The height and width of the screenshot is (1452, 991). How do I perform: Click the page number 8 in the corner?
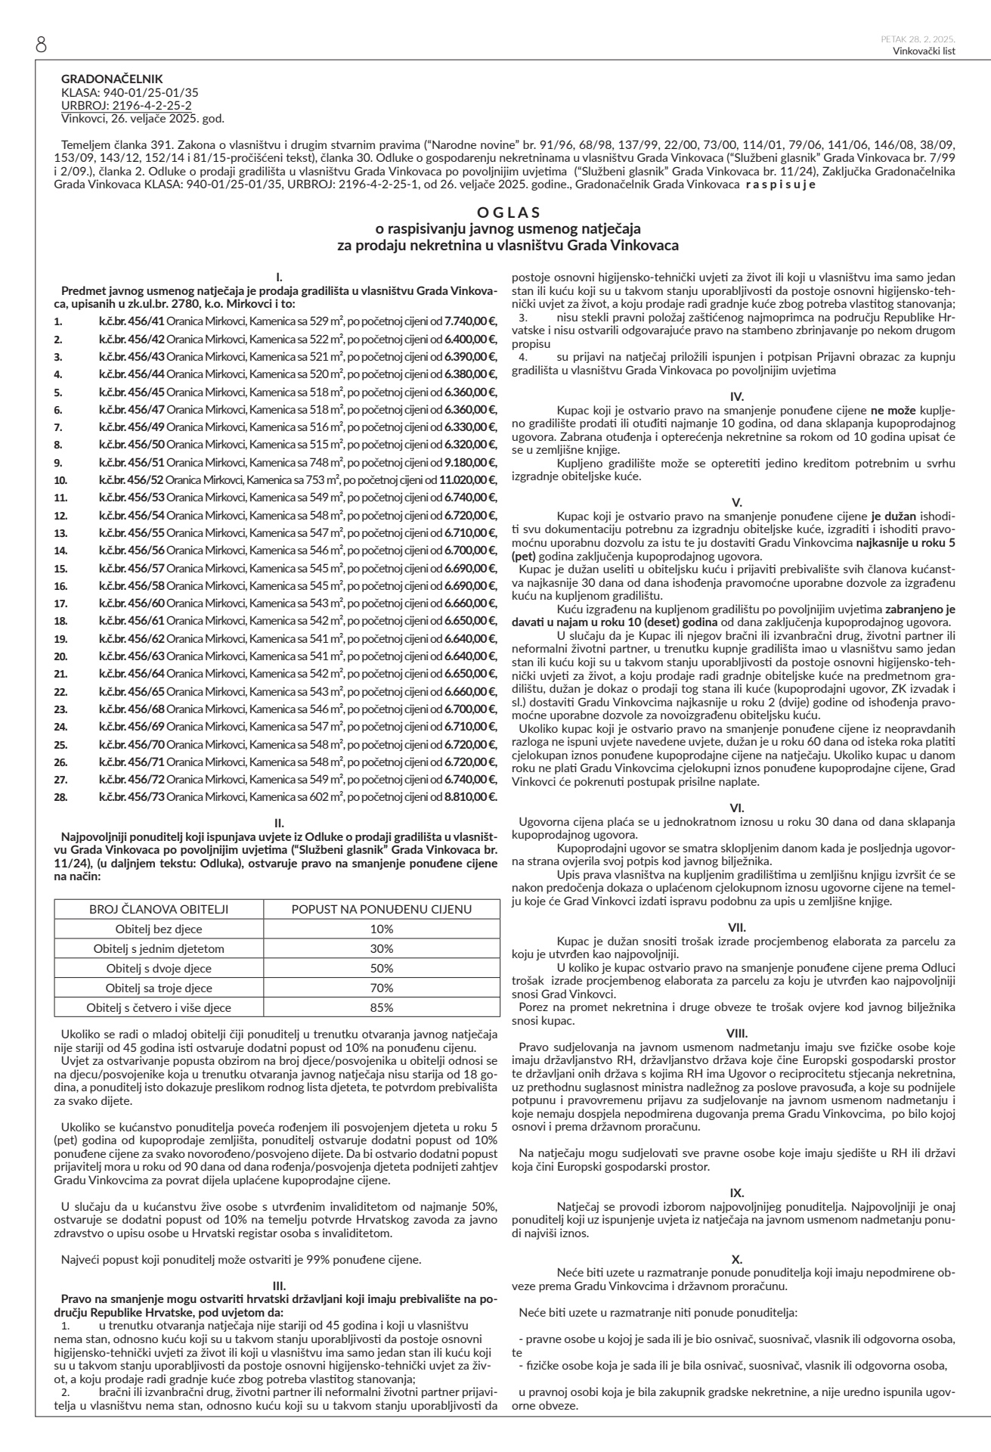[41, 45]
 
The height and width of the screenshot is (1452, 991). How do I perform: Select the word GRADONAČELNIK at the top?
[112, 79]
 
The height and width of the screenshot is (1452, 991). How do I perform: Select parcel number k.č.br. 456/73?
[132, 796]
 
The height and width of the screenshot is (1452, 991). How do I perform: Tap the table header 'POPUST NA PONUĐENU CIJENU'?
[382, 909]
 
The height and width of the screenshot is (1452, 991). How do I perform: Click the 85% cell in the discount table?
[382, 1007]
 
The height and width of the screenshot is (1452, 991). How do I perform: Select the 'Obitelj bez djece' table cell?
[159, 929]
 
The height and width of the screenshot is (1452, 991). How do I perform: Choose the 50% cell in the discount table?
[382, 968]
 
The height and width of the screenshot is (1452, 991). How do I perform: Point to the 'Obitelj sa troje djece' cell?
[159, 988]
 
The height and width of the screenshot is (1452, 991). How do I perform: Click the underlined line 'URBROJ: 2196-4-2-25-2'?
[126, 105]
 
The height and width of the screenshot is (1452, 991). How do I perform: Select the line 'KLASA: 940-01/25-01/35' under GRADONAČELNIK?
[130, 92]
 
